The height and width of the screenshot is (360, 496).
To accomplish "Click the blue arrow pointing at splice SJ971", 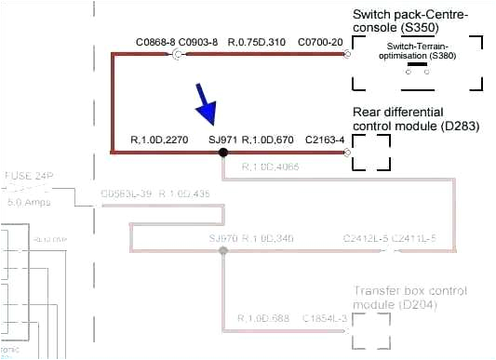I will (x=205, y=103).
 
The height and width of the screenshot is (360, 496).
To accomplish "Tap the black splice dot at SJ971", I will (x=223, y=152).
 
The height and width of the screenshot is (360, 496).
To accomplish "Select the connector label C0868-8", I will (x=154, y=43).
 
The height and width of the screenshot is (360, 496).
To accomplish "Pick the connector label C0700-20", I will (x=320, y=43).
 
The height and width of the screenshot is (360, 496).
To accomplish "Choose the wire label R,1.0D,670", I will (x=268, y=140).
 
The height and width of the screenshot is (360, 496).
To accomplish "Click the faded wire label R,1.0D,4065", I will (x=270, y=167).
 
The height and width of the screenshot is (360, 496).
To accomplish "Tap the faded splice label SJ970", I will (x=223, y=240).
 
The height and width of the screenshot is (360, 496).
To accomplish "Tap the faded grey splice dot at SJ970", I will (x=223, y=251).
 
